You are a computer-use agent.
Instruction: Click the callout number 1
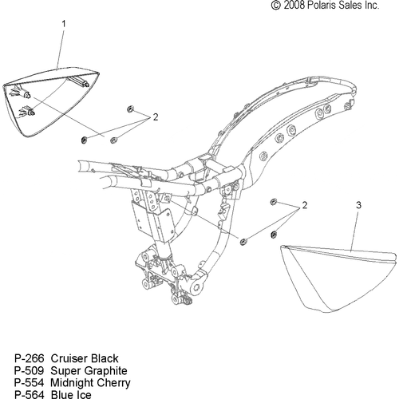pos(64,24)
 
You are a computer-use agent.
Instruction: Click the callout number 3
pos(358,205)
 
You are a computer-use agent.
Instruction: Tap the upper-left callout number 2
pos(156,117)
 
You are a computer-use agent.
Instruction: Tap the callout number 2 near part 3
pos(305,205)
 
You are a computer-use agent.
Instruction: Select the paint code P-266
pos(29,358)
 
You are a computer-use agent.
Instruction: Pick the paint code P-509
pos(29,370)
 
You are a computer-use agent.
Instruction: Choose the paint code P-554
pos(29,382)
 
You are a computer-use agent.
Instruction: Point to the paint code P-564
pos(29,394)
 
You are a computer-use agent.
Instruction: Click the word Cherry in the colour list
pos(113,383)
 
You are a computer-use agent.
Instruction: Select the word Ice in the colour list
pos(84,394)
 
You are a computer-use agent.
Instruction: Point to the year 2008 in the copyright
pos(294,6)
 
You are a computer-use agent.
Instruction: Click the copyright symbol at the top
pos(276,6)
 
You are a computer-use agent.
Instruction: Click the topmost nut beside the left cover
pos(130,109)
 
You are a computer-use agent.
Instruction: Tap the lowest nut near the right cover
pos(243,242)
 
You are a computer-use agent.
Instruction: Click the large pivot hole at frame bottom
pos(196,287)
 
